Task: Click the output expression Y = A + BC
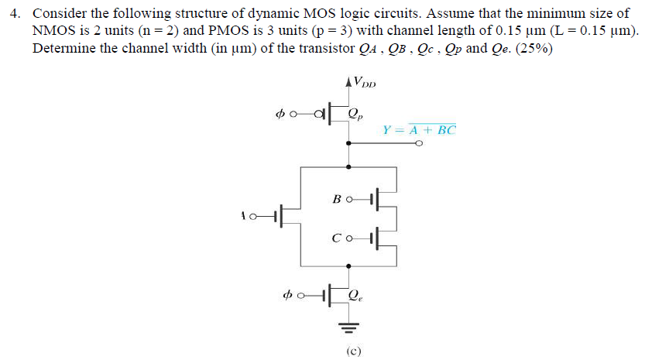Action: (x=420, y=129)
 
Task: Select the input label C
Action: (x=337, y=238)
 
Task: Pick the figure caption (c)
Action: (x=352, y=350)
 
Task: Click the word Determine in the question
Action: (x=61, y=47)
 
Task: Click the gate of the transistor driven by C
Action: (x=374, y=238)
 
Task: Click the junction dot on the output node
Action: (x=351, y=142)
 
